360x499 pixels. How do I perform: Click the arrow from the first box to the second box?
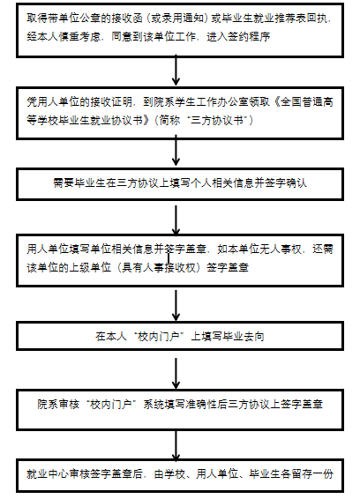point(176,70)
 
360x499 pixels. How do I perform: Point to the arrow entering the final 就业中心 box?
point(176,445)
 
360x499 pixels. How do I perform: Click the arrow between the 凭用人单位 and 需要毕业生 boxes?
point(176,150)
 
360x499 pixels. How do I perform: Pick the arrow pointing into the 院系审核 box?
point(176,374)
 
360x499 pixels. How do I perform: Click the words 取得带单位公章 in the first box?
point(58,19)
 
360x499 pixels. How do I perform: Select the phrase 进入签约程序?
point(238,37)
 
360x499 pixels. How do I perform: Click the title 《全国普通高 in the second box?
point(304,102)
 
